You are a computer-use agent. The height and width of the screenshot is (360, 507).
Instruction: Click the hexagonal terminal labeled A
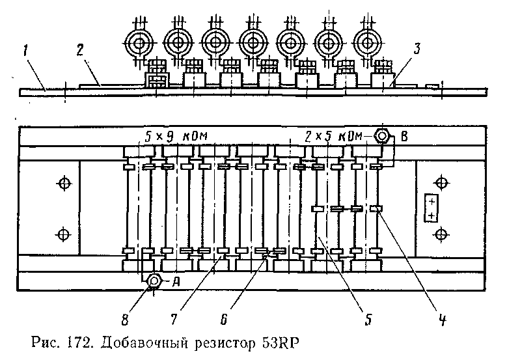pos(154,281)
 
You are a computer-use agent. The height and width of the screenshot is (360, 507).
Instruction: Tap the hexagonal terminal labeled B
pos(383,137)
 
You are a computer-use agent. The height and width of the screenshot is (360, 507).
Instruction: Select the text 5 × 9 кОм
pos(174,137)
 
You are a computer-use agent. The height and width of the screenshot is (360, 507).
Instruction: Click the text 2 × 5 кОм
pos(333,137)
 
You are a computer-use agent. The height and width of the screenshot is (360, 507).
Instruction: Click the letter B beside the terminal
pos(405,137)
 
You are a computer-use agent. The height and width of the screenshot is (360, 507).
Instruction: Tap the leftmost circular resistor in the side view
pos(139,43)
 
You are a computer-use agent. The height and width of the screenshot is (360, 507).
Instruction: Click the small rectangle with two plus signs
pos(430,208)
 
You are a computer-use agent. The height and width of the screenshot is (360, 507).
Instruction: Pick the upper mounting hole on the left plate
pos(63,184)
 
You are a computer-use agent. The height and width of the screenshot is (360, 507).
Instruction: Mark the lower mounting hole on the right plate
pos(442,233)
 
